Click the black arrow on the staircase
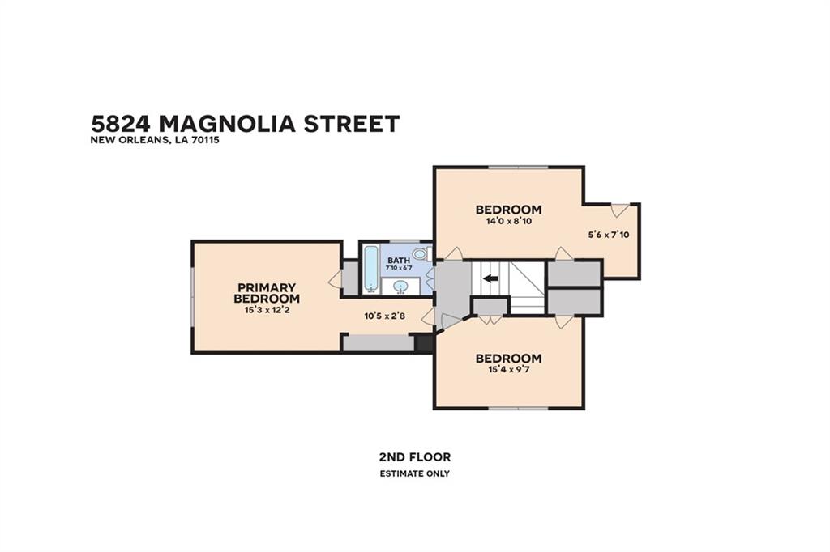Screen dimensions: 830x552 point(490,278)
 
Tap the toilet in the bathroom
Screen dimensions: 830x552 point(421,254)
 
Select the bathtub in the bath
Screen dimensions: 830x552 point(371,268)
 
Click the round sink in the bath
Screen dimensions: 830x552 point(401,287)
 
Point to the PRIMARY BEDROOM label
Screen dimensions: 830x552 point(267,293)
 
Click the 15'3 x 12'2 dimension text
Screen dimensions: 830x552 point(267,310)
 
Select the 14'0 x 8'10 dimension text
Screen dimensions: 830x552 point(509,221)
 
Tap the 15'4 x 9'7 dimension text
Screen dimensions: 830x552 point(509,370)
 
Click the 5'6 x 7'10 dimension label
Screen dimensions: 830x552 point(609,235)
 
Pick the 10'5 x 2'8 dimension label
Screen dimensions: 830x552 point(384,316)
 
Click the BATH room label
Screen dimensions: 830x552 point(399,260)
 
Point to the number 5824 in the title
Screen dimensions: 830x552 point(122,124)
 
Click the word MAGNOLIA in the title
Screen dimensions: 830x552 point(227,124)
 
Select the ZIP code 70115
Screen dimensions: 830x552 point(207,141)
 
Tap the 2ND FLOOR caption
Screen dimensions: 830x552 point(415,456)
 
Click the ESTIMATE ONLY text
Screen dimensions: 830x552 point(415,473)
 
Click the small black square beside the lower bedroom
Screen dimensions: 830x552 point(423,342)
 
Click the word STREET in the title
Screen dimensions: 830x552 point(351,124)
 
